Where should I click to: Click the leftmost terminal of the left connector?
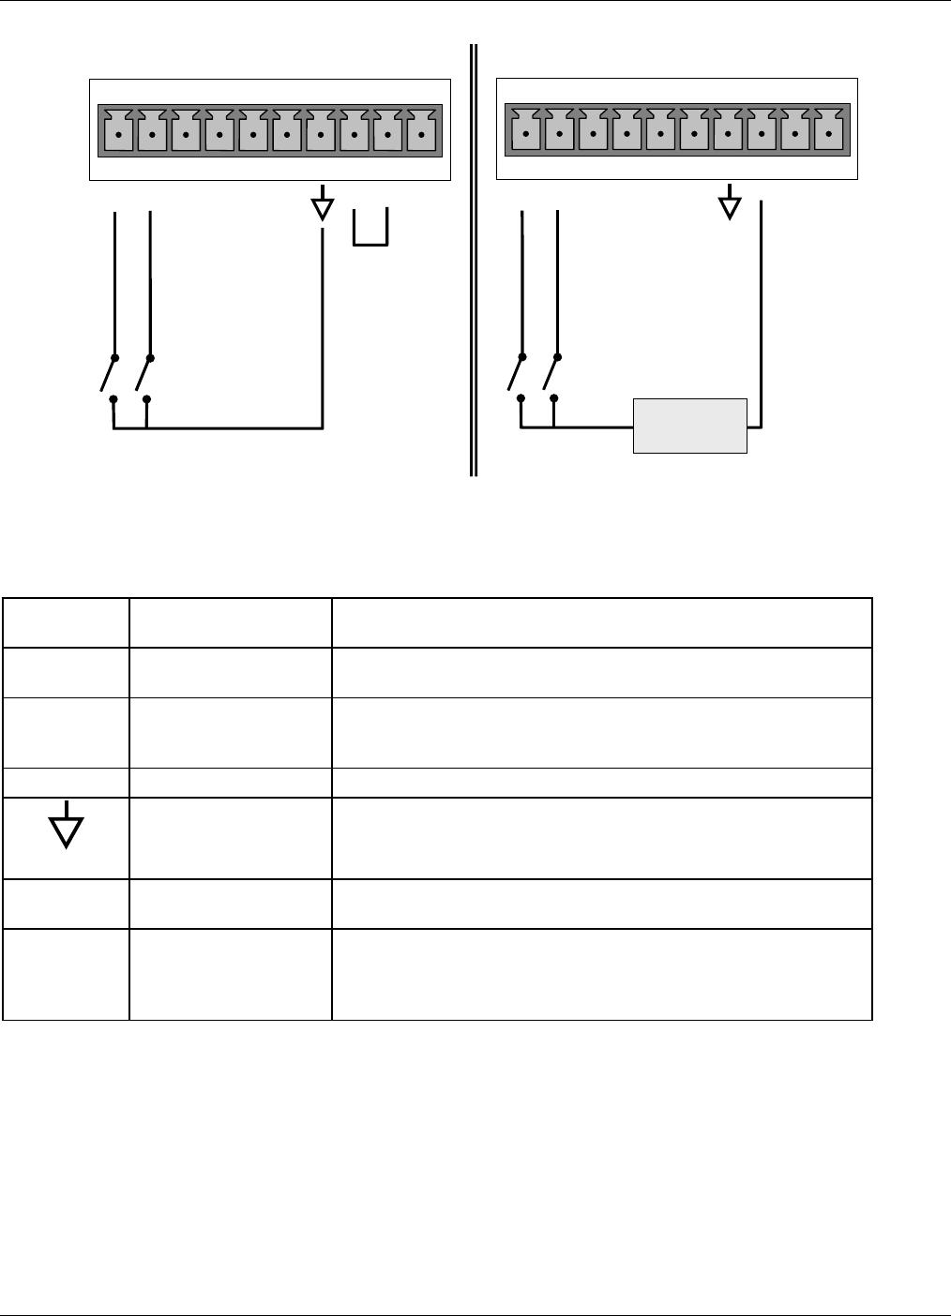[117, 131]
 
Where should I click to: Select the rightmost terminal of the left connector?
[423, 131]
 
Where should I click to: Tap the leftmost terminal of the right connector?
[525, 131]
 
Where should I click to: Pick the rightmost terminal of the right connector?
[829, 131]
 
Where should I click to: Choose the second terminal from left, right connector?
[559, 131]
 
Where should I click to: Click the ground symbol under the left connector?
[323, 207]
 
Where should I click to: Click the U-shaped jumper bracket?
[370, 231]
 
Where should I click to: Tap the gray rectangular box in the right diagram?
[690, 426]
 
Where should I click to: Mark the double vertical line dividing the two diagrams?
[474, 262]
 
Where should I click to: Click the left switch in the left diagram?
[109, 377]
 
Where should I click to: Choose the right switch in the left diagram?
[143, 377]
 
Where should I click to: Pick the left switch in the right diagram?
[516, 377]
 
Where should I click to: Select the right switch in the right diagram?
[551, 377]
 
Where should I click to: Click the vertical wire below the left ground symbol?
[323, 328]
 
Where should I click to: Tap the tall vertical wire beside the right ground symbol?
[762, 309]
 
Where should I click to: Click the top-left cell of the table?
[67, 622]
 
